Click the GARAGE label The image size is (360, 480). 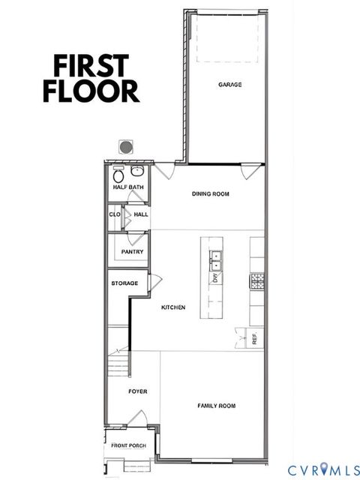(229, 85)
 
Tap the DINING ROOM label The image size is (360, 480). (210, 194)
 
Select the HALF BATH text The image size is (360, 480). (128, 187)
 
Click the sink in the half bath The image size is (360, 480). (137, 172)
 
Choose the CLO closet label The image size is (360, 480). (115, 214)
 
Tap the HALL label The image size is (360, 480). (140, 214)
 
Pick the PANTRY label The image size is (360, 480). (132, 252)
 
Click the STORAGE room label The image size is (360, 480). (124, 283)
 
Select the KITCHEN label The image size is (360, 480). (173, 307)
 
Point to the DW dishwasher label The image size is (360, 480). (214, 279)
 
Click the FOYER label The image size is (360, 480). (136, 391)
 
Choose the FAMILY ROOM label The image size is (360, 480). (216, 406)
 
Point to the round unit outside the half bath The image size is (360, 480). (127, 145)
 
